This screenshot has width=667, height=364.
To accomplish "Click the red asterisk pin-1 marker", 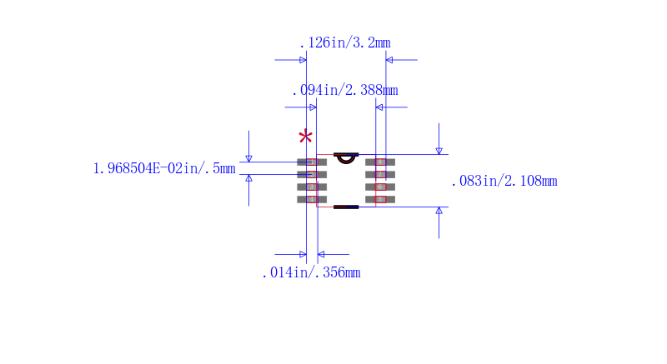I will point(306,137).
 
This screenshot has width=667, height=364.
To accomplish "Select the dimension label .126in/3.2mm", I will point(344,43).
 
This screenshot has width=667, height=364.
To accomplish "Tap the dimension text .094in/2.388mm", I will point(344,90).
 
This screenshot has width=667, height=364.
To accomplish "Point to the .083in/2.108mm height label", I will point(504,181).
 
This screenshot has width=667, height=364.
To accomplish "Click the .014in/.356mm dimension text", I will point(311,272).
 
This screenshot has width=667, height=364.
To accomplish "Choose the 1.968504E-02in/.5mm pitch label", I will point(164,168).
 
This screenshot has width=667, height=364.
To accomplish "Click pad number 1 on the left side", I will point(312,162).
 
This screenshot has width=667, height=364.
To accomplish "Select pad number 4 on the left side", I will point(312,199).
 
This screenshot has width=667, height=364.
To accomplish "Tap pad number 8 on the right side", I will point(380,162).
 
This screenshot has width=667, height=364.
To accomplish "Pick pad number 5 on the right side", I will point(380,199).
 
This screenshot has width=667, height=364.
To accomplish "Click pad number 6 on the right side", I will point(380,187).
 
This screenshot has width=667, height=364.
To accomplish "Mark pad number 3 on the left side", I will point(312,187).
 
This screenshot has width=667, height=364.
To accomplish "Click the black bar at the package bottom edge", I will point(346,207).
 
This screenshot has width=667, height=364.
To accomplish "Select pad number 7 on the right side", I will point(380,174).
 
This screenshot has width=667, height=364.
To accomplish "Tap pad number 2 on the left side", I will point(312,174).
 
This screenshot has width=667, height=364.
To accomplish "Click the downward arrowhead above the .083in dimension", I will point(439,150).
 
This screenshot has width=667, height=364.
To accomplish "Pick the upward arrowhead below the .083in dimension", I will point(439,211).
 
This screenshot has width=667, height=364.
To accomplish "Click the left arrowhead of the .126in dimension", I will point(303,60).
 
